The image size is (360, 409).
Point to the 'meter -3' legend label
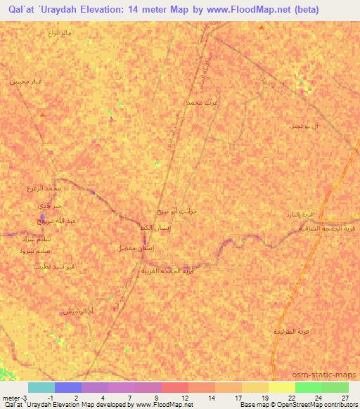(x=15, y=399)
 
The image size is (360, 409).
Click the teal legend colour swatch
(x=41, y=387)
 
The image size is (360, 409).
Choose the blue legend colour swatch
(x=68, y=387)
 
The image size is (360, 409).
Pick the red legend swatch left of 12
(x=175, y=387)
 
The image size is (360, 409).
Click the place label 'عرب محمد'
(x=199, y=103)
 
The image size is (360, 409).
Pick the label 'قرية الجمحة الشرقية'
(x=328, y=228)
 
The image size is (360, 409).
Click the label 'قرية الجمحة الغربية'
(x=167, y=270)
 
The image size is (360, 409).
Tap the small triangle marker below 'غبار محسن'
(x=44, y=112)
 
